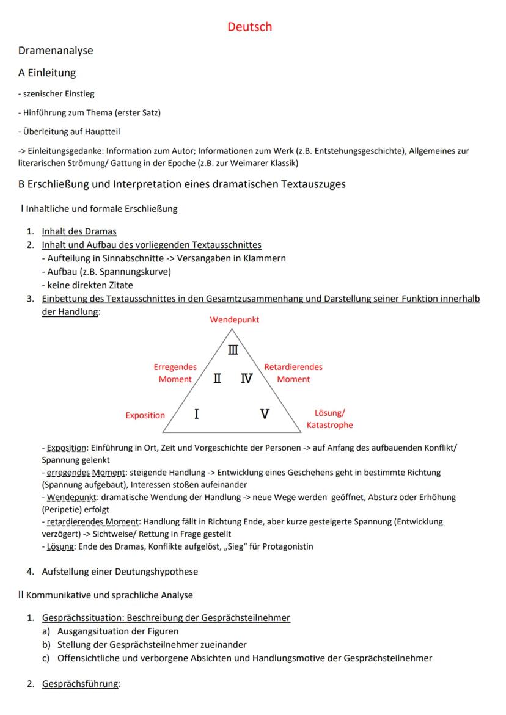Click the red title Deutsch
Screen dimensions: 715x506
(249, 27)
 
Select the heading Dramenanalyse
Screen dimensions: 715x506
(56, 51)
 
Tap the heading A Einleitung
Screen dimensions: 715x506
(47, 73)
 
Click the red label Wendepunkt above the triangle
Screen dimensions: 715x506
(234, 320)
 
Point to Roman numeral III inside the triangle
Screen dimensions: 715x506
(233, 350)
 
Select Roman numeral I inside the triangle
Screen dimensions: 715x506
(196, 414)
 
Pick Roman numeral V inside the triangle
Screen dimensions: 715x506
(265, 414)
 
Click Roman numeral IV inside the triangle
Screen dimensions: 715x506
(246, 379)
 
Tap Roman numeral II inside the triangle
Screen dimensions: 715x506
(217, 379)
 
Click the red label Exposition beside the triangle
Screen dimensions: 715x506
(145, 415)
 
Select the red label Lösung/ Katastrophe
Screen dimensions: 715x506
(329, 419)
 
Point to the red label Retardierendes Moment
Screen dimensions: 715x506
(293, 373)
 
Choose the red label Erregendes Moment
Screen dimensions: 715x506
(175, 373)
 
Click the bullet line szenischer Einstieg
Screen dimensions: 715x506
(56, 94)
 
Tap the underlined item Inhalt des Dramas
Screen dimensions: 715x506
(79, 231)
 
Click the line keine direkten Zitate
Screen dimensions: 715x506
(87, 285)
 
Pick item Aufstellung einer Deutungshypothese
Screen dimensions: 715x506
(120, 572)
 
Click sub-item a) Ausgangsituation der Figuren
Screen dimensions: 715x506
(117, 631)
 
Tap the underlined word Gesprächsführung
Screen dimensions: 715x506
(80, 684)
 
